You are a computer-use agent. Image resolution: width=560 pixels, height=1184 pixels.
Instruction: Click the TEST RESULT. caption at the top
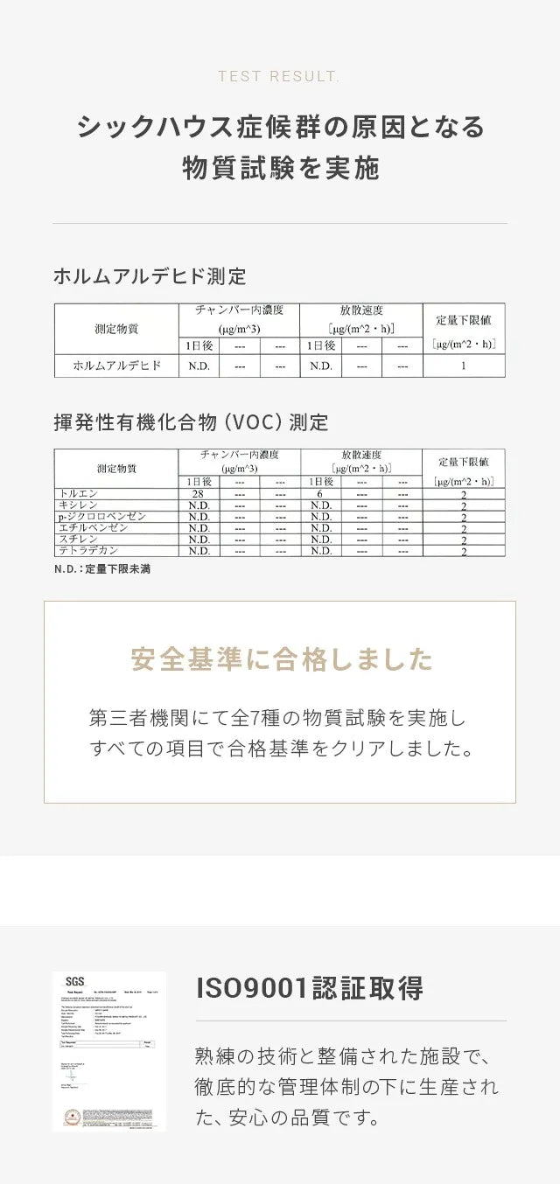(279, 77)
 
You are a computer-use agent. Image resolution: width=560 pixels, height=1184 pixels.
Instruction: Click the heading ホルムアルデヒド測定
(150, 277)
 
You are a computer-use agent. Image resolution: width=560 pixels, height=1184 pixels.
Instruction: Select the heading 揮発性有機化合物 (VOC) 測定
(191, 423)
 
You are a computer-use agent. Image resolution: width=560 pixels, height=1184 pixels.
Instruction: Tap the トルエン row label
(76, 494)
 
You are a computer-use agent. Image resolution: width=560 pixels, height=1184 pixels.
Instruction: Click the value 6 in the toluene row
(320, 494)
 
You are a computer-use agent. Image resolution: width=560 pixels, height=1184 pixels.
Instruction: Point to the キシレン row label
(76, 505)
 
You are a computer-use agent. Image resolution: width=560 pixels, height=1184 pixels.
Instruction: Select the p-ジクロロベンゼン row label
(101, 517)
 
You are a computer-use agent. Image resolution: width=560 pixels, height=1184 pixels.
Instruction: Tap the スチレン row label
(76, 540)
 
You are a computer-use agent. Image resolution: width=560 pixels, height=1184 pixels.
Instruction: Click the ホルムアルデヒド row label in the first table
(116, 366)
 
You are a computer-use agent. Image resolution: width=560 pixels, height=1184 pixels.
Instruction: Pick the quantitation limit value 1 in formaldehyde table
(463, 366)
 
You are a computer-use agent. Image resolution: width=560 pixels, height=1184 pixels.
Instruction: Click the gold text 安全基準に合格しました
(280, 658)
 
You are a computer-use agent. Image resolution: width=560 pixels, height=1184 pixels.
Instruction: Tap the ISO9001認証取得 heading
(310, 988)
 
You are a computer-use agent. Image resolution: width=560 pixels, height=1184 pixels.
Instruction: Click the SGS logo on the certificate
(74, 982)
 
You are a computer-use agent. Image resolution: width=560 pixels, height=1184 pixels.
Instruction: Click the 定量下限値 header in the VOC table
(463, 461)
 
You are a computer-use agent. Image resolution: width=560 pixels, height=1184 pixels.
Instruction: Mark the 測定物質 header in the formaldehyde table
(116, 330)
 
